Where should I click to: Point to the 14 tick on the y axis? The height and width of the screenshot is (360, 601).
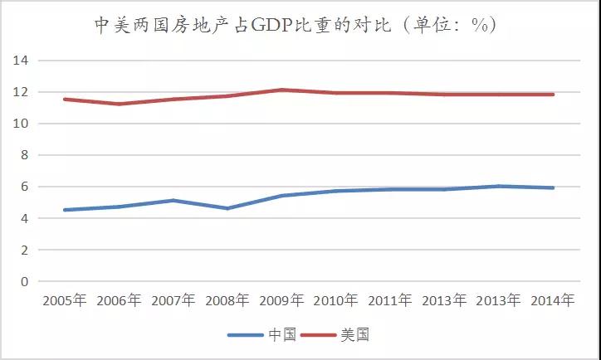tap(20, 61)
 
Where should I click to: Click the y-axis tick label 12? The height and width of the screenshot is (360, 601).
tap(20, 92)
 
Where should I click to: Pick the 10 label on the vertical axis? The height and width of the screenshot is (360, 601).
tap(20, 124)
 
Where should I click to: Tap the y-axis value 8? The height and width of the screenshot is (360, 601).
tap(23, 155)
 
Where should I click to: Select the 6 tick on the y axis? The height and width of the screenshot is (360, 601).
tap(23, 187)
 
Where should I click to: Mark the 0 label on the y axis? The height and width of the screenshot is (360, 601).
tap(23, 281)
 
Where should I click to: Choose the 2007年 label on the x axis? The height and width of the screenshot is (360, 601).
tap(172, 301)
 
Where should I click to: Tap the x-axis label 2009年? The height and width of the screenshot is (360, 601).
tap(281, 301)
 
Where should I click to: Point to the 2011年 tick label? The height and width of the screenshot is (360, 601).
tap(390, 301)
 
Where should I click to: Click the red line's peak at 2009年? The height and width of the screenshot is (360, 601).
tap(281, 90)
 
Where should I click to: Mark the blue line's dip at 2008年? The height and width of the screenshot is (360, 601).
tap(227, 208)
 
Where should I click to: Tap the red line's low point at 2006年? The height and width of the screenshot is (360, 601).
tap(118, 104)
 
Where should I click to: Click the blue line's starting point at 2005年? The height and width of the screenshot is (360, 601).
tap(64, 210)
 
